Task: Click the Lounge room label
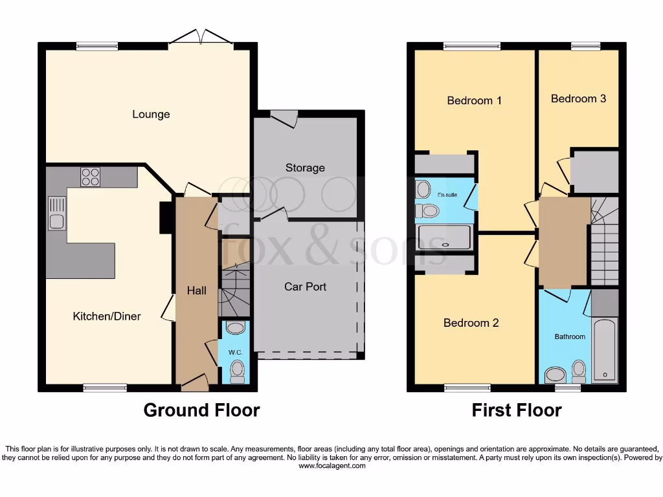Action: point(151,115)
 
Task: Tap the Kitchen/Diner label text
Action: point(106,316)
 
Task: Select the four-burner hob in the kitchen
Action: point(90,177)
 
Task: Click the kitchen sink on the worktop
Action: point(56,213)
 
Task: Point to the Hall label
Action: point(197,291)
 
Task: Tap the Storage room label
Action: point(305,168)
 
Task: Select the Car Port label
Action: point(305,286)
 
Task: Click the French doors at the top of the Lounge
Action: point(201,38)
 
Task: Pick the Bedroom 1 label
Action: point(474,100)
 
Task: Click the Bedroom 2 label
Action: point(471,323)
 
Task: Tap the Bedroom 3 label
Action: point(578,98)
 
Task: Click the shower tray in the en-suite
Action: point(445,237)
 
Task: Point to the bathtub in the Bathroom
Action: point(605,350)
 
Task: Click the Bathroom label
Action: point(569,337)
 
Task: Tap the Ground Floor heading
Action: point(201,410)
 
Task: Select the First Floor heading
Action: point(516,410)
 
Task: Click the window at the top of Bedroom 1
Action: point(472,46)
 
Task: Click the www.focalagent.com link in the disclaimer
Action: point(331,466)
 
